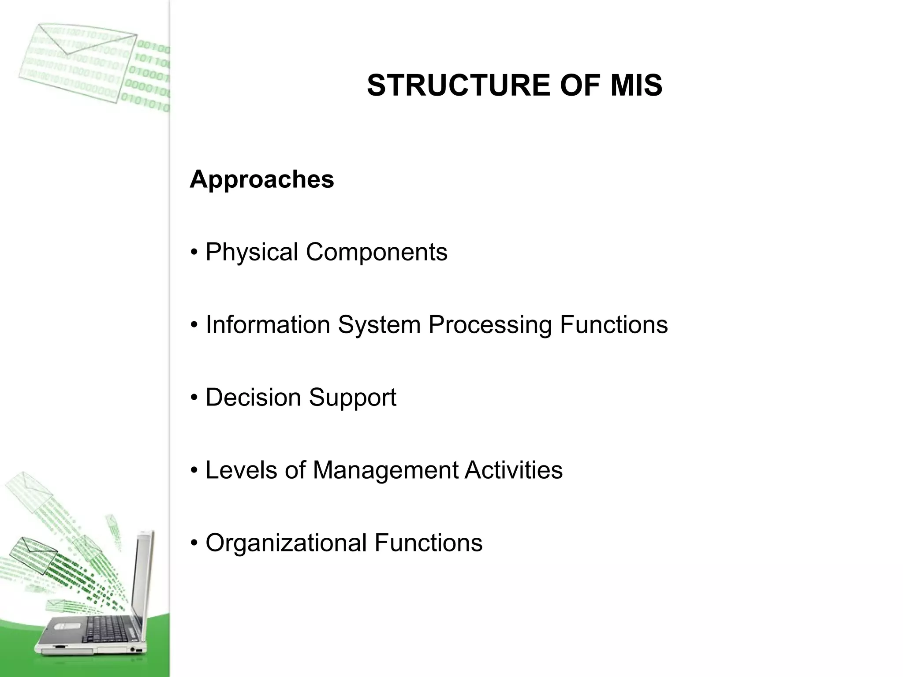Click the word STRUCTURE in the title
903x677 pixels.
point(459,86)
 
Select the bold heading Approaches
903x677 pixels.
point(262,179)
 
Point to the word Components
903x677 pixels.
point(377,252)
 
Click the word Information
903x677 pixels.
point(268,325)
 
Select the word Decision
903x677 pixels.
point(253,397)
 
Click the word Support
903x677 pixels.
point(352,398)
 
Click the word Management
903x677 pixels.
point(385,470)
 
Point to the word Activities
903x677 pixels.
point(513,470)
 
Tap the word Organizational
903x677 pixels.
point(286,543)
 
